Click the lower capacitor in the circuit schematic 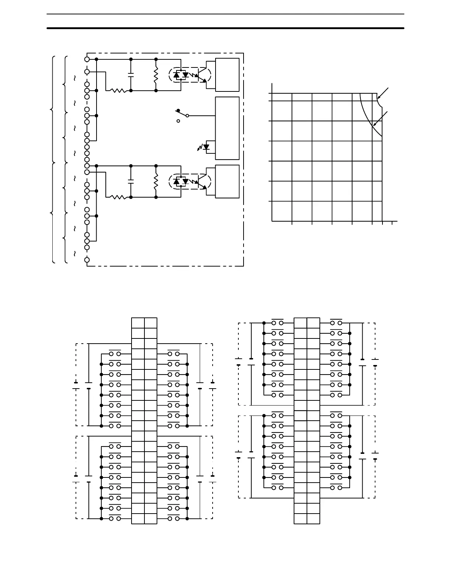point(131,181)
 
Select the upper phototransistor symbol point(202,74)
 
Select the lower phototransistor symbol point(202,181)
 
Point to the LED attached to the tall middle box point(205,147)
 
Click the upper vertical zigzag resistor point(156,75)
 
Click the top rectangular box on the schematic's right point(227,74)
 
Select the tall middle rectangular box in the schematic point(227,128)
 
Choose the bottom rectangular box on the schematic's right point(227,181)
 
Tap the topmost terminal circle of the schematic point(87,59)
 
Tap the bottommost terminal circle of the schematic point(87,260)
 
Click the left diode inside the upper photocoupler point(176,75)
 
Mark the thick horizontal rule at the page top point(225,28)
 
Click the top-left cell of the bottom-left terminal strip point(138,323)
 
